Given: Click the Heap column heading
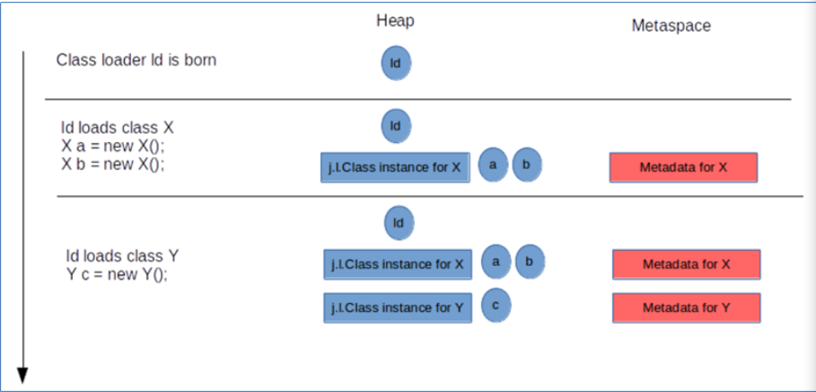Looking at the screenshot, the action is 396,21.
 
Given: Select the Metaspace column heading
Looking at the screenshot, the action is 671,25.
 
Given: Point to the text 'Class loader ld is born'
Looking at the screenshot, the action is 136,60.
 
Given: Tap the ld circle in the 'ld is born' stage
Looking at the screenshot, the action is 396,63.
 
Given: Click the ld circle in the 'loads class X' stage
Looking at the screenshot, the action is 396,126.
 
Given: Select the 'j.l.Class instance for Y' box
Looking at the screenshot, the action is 398,307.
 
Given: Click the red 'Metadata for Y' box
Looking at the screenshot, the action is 687,307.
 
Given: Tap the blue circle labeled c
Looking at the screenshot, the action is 496,305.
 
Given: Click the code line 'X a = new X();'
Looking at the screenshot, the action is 112,147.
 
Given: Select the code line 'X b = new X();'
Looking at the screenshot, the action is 112,165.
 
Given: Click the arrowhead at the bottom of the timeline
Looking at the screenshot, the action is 22,375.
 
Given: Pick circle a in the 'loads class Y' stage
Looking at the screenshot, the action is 496,262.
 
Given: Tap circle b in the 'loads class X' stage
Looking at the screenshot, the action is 527,165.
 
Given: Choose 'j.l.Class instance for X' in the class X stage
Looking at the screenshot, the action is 396,167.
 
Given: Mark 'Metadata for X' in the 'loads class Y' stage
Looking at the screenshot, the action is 687,264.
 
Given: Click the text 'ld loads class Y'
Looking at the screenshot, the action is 123,256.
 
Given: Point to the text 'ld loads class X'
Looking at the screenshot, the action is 118,129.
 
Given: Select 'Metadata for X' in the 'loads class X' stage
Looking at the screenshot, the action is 683,167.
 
